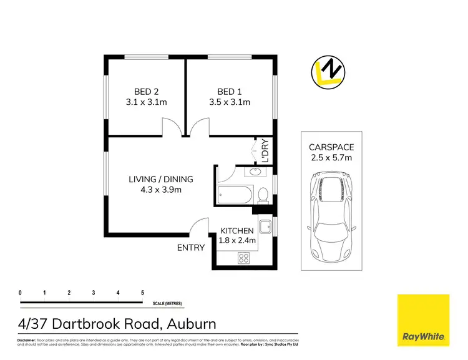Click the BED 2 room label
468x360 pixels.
[x=144, y=89]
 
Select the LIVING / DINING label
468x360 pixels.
[x=160, y=179]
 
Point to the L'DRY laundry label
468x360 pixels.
[x=264, y=150]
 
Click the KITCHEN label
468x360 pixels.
[x=236, y=230]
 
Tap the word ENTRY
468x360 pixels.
[x=190, y=247]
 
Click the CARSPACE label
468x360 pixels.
[x=331, y=147]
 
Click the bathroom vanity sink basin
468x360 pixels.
[x=256, y=172]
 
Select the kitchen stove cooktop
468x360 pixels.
[x=243, y=257]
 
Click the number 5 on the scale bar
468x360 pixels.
[x=142, y=292]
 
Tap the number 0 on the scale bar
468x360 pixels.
[x=21, y=292]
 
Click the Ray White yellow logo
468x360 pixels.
[x=423, y=319]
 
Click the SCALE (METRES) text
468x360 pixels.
[x=167, y=304]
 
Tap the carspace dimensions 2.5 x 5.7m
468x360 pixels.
[x=331, y=158]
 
